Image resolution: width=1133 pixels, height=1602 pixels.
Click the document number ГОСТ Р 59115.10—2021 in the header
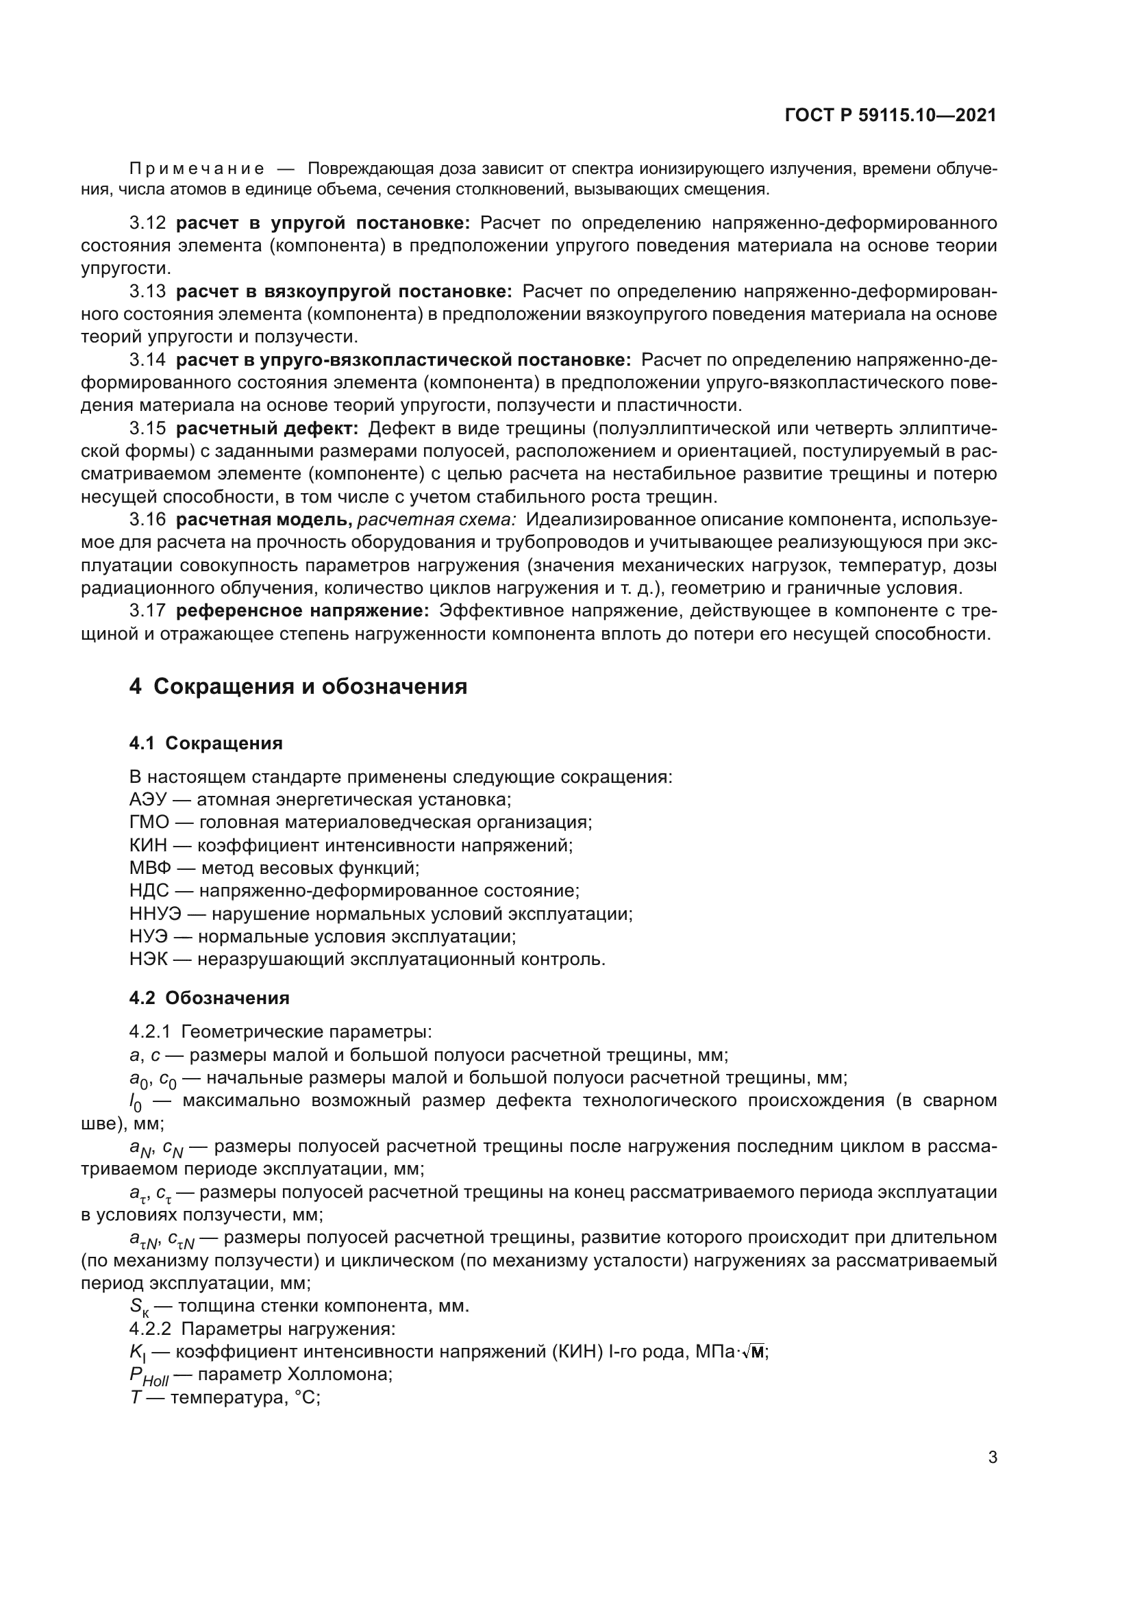pyautogui.click(x=891, y=116)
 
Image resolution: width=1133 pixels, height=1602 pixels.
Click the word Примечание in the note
pyautogui.click(x=196, y=169)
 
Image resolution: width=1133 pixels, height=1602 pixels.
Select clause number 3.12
pyautogui.click(x=147, y=223)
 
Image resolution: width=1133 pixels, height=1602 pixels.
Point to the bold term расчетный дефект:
pyautogui.click(x=267, y=428)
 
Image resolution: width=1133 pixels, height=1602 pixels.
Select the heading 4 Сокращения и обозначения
pyautogui.click(x=298, y=686)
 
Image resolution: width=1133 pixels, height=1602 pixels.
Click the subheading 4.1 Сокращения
pyautogui.click(x=206, y=743)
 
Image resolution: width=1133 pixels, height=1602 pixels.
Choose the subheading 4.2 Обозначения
pyautogui.click(x=209, y=998)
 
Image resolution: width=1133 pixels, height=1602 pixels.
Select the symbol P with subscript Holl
pyautogui.click(x=149, y=1376)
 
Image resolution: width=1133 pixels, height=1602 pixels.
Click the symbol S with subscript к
pyautogui.click(x=139, y=1307)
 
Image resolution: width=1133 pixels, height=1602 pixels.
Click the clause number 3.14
pyautogui.click(x=147, y=360)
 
